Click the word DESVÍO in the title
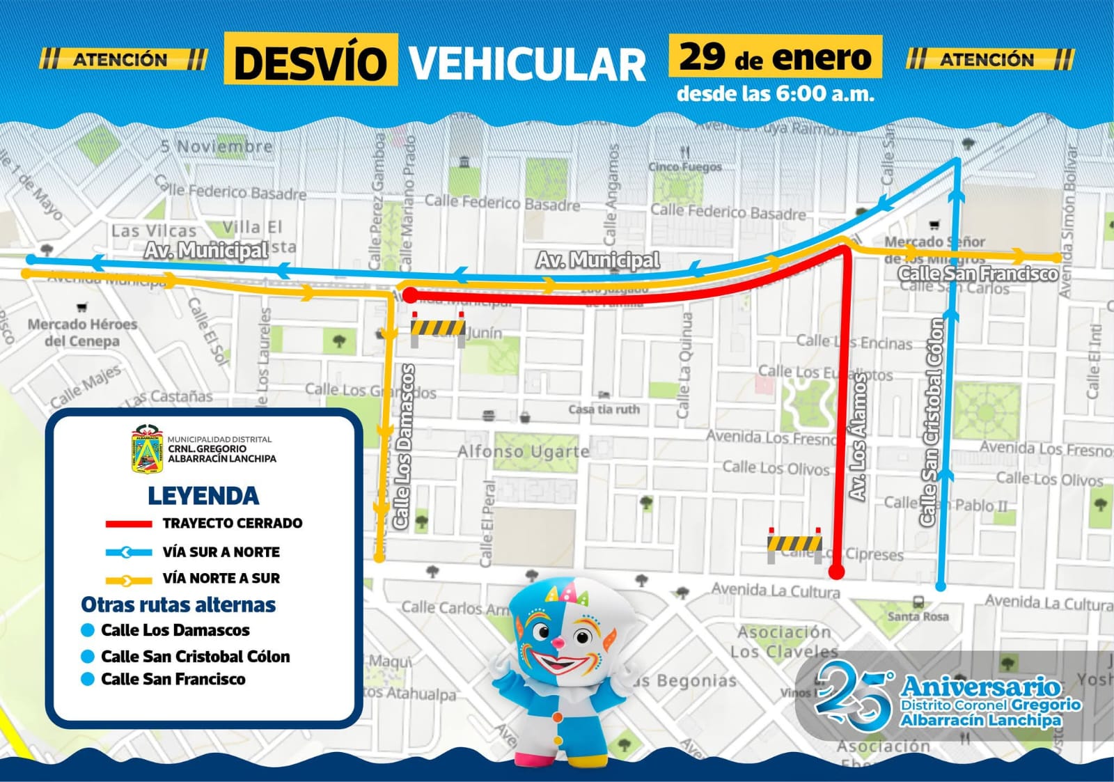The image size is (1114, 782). click(x=311, y=61)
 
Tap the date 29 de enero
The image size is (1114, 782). click(x=775, y=57)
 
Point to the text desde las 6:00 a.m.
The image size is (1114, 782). click(x=775, y=94)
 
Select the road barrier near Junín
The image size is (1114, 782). click(x=438, y=329)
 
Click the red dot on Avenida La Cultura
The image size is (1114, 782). click(x=836, y=572)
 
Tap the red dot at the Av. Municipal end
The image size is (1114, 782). click(x=411, y=295)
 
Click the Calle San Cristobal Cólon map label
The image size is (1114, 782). click(x=932, y=422)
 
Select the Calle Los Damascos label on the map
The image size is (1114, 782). click(x=403, y=446)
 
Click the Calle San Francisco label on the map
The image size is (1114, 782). click(x=978, y=274)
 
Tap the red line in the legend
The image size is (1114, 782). click(x=128, y=524)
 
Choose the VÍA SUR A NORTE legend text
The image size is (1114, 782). click(x=221, y=552)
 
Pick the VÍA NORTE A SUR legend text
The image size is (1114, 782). click(x=221, y=578)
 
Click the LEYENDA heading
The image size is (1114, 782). click(x=203, y=496)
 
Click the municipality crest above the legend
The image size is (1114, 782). click(x=146, y=449)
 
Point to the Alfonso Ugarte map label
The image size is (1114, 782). click(x=523, y=451)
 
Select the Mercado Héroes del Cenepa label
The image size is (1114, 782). click(x=82, y=332)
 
